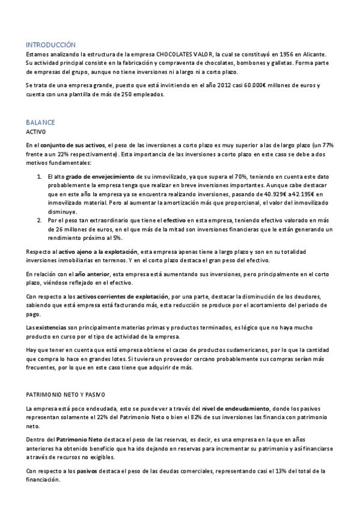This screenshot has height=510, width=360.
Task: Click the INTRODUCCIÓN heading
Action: (x=50, y=45)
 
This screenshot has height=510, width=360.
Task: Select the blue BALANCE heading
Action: (x=40, y=121)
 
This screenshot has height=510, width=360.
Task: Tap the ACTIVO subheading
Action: (x=35, y=131)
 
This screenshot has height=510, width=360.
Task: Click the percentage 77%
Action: (x=327, y=146)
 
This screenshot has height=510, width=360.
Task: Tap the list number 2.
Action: (x=39, y=220)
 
